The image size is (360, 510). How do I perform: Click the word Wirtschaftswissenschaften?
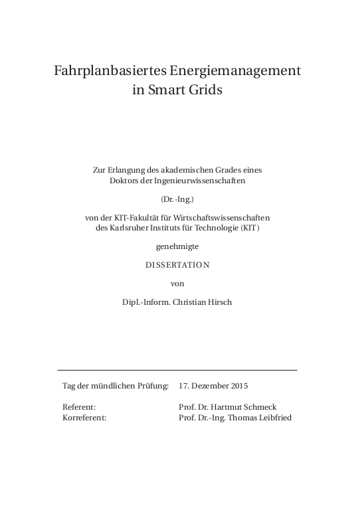[226, 218]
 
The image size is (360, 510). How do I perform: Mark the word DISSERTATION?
[177, 264]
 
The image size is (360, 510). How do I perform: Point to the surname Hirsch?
[220, 302]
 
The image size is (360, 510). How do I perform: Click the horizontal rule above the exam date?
[177, 369]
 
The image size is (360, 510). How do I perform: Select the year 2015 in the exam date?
[237, 385]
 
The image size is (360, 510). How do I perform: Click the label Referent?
[79, 407]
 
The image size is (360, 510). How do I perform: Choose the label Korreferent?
[84, 417]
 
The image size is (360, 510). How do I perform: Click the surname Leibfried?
[272, 417]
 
